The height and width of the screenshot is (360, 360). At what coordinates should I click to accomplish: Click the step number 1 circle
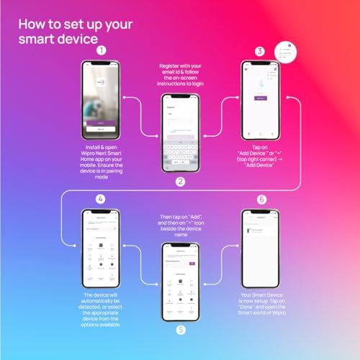tap(101, 50)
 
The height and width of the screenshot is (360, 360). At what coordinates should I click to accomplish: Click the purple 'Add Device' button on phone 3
tap(261, 98)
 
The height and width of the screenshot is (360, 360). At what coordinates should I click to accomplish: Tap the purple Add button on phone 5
tap(192, 264)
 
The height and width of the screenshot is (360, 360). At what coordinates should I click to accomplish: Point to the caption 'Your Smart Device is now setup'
tap(261, 304)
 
